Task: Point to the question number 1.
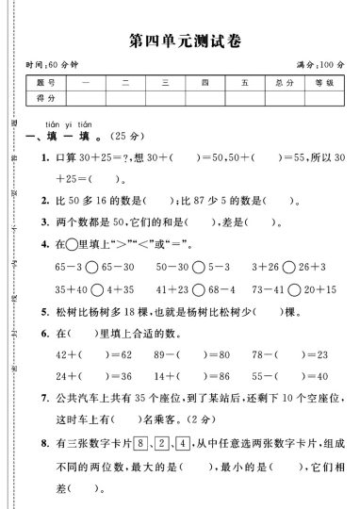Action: [x=44, y=157]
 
